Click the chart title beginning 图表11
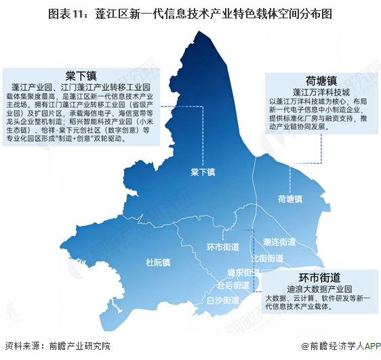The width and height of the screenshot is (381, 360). (190, 13)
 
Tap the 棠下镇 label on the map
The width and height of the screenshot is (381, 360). (203, 172)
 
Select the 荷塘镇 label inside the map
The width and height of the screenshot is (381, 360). (289, 199)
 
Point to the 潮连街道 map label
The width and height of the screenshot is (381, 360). (279, 241)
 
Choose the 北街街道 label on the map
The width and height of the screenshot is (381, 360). (267, 258)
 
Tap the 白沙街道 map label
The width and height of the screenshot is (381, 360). (222, 300)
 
